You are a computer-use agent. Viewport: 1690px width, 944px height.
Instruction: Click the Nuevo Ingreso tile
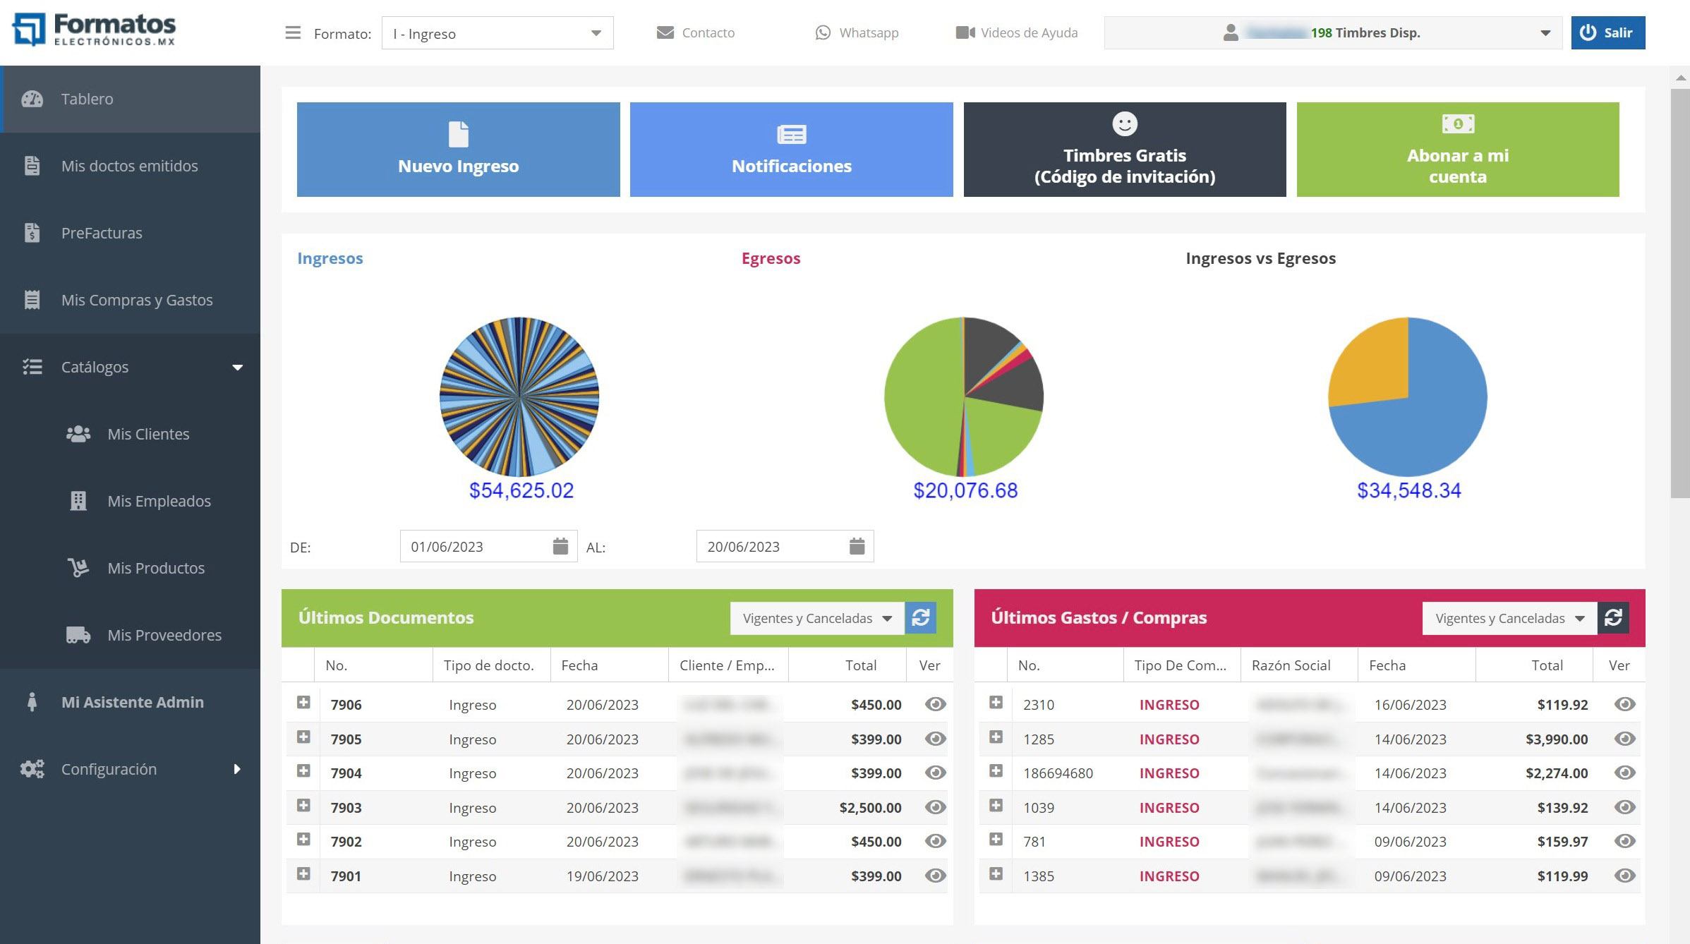click(x=458, y=150)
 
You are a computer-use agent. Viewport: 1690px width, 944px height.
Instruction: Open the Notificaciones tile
click(x=791, y=150)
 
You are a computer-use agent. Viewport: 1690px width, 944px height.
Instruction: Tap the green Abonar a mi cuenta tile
click(x=1457, y=150)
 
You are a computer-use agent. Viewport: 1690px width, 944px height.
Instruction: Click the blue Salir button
click(x=1607, y=33)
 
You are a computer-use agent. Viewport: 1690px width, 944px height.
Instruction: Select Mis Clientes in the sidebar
click(x=148, y=434)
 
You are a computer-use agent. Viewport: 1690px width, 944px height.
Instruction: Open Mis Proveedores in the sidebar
click(x=164, y=635)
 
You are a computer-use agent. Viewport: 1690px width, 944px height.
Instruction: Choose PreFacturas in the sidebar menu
click(x=102, y=233)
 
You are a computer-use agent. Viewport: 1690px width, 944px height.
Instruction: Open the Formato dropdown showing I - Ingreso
click(x=497, y=33)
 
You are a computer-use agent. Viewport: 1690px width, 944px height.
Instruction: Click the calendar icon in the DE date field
click(x=560, y=546)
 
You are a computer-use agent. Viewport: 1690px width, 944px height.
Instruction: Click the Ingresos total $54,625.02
click(x=521, y=490)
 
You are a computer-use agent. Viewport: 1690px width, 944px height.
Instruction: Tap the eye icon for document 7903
click(x=935, y=807)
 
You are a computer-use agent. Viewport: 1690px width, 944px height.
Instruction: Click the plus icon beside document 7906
click(x=303, y=703)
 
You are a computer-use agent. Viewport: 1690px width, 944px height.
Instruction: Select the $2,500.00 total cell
click(x=870, y=808)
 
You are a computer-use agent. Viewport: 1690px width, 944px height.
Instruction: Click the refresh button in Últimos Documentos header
click(x=920, y=618)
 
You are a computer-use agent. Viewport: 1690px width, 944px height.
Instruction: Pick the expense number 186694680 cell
click(x=1058, y=773)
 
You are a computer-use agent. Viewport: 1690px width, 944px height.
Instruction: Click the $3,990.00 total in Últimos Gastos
click(x=1556, y=739)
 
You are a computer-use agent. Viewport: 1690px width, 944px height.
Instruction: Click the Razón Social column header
click(x=1291, y=665)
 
